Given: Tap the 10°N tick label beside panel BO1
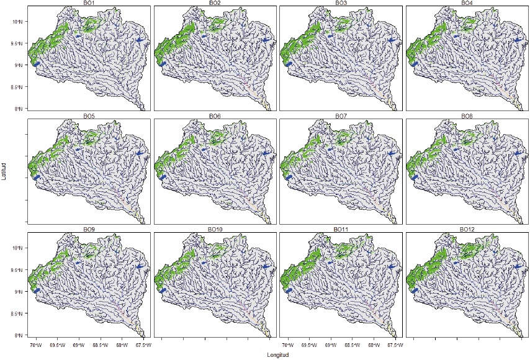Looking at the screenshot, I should tap(17, 22).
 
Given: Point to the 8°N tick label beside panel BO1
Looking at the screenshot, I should tap(19, 109).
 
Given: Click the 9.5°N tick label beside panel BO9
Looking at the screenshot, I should tap(17, 270).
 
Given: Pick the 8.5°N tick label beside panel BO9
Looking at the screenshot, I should tap(17, 313).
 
